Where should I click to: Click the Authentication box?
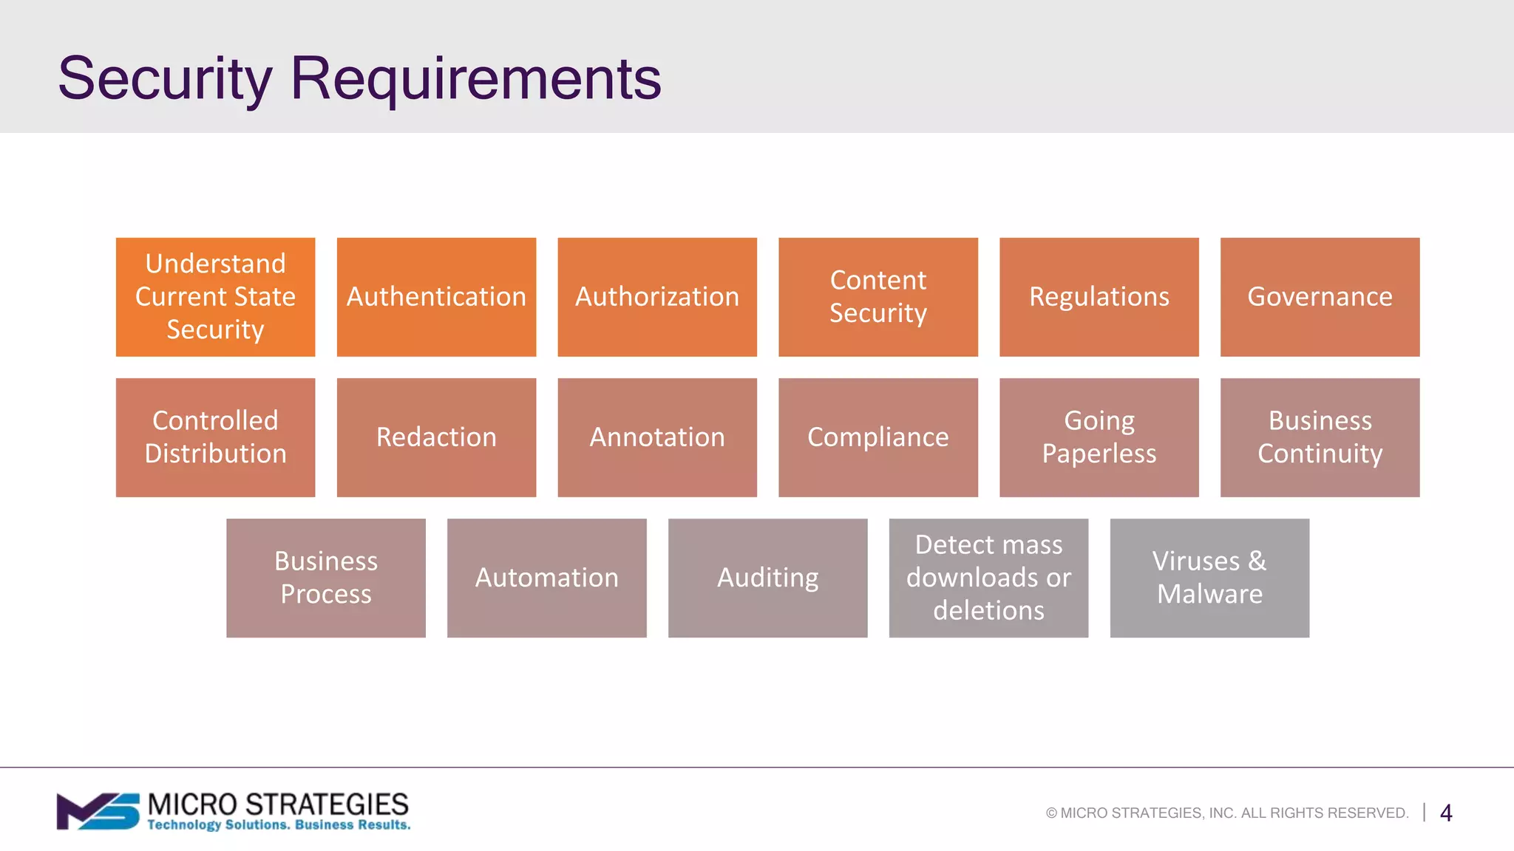[436, 297]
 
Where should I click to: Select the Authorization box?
[657, 297]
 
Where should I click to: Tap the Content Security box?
[878, 297]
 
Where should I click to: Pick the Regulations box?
[1099, 297]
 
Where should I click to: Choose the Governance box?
[1320, 297]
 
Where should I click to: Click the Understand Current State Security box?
[215, 297]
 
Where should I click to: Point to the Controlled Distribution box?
[215, 437]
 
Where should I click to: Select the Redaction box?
[436, 437]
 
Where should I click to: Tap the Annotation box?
[657, 437]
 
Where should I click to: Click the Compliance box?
[878, 437]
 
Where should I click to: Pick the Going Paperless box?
[1099, 437]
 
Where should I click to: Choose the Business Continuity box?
[1320, 437]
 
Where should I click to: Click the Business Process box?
[326, 578]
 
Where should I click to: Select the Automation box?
[547, 578]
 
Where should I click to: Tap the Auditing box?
[767, 578]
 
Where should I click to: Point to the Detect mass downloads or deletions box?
[988, 578]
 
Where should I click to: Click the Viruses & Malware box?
[1209, 578]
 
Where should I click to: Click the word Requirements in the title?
[475, 78]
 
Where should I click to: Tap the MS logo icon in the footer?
[98, 811]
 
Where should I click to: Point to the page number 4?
[1446, 813]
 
